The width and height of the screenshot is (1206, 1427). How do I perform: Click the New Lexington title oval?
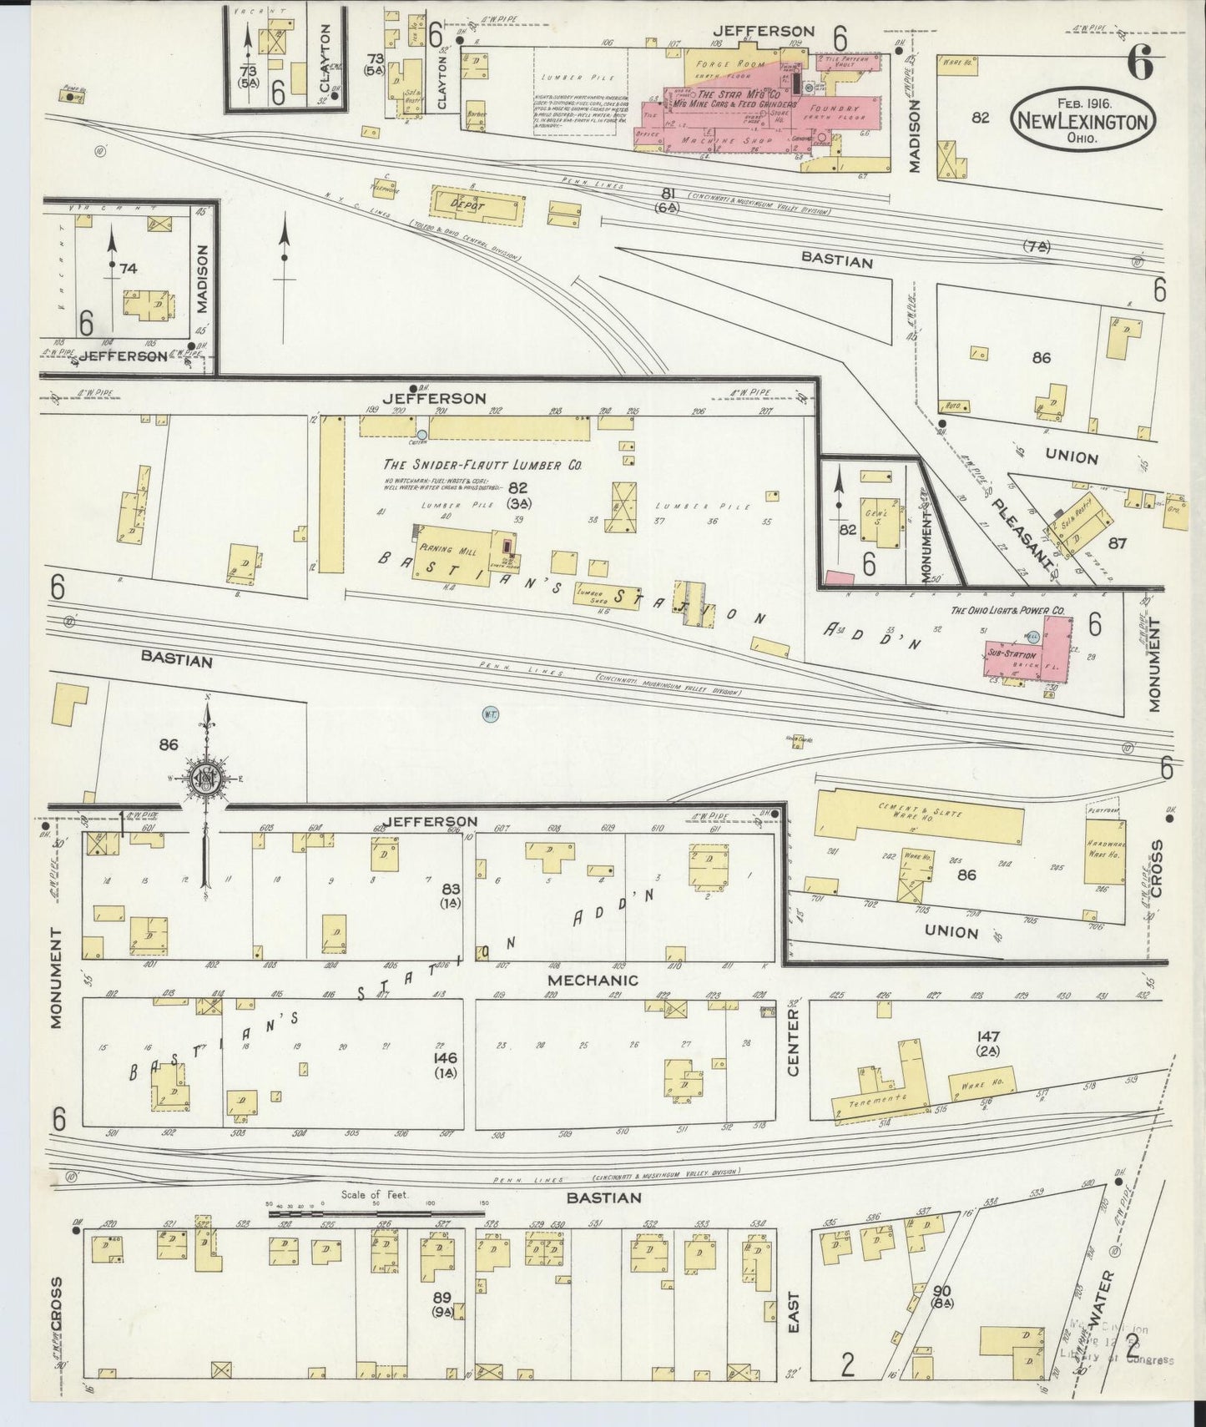point(1084,121)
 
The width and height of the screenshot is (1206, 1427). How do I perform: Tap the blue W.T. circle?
point(490,714)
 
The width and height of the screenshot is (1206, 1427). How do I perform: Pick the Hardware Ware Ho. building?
point(1104,851)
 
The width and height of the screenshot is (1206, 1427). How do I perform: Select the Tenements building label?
point(877,1101)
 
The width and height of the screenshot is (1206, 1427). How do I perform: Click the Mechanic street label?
point(593,980)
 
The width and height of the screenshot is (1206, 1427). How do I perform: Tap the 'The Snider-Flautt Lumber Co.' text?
point(482,465)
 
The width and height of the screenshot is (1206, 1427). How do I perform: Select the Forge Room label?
point(729,64)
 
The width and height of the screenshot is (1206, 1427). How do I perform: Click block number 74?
point(128,269)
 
